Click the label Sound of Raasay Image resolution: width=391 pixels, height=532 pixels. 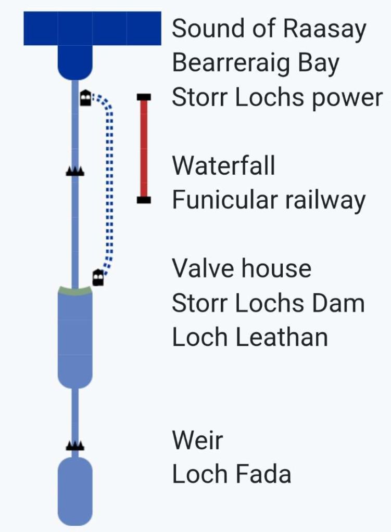coord(269,29)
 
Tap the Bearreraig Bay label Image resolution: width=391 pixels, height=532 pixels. coord(256,63)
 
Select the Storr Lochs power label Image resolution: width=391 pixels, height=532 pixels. coord(277,98)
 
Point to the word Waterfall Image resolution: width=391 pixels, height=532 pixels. coord(223,166)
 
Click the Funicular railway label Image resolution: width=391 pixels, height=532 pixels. coord(269,200)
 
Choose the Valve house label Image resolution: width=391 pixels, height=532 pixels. coord(242,268)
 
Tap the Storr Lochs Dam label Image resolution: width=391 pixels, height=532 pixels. coord(268,303)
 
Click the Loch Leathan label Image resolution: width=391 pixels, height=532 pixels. coord(250,337)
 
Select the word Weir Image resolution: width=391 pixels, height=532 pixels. coord(197,440)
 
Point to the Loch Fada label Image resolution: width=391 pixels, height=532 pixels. coord(231,474)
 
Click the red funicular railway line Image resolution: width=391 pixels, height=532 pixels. coord(144,148)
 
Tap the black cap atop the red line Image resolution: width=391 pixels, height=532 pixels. coord(144,97)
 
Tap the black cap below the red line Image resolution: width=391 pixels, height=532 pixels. coord(144,200)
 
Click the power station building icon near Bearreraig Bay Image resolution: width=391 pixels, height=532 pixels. coord(86,97)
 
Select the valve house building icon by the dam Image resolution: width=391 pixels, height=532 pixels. coord(97,278)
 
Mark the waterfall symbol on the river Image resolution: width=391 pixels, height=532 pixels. coord(75,171)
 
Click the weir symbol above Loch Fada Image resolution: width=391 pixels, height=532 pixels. coord(75,445)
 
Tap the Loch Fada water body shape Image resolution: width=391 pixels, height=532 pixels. coord(75,491)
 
